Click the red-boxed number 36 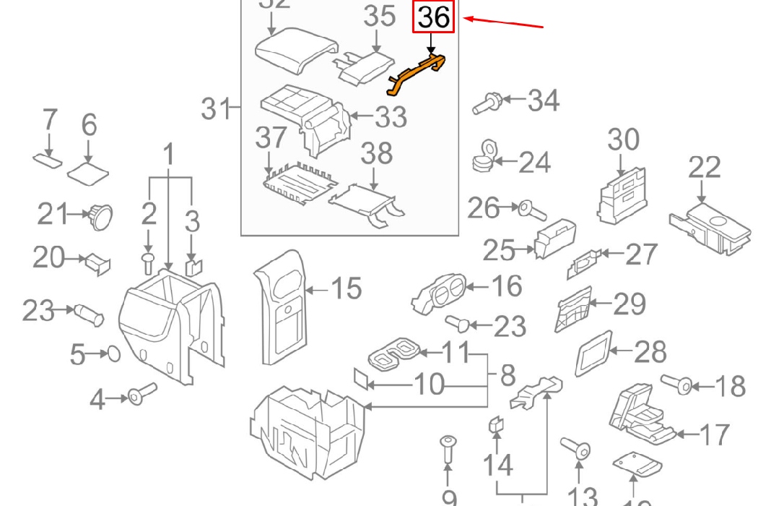pyautogui.click(x=433, y=17)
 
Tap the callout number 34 pyautogui.click(x=543, y=100)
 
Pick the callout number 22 pyautogui.click(x=704, y=168)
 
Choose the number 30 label pyautogui.click(x=624, y=139)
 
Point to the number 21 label pyautogui.click(x=54, y=214)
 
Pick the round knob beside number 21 pyautogui.click(x=99, y=215)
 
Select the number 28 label pyautogui.click(x=650, y=352)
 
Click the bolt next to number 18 pyautogui.click(x=680, y=384)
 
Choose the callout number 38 pyautogui.click(x=376, y=154)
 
